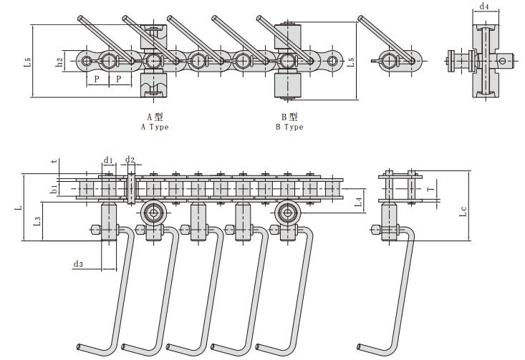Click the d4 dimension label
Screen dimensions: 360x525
[x=485, y=7]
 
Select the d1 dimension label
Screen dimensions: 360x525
[x=108, y=159]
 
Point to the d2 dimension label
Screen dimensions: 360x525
[x=130, y=159]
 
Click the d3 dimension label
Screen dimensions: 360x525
[x=79, y=265]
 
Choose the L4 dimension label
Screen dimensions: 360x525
[x=359, y=203]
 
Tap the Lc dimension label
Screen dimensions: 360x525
[x=463, y=210]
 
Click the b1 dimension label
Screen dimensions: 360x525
[x=53, y=189]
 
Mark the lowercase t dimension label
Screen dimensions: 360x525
[x=54, y=162]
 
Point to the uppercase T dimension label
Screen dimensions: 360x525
[x=429, y=189]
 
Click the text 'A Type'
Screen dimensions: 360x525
[x=155, y=127]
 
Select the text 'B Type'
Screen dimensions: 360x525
[x=289, y=127]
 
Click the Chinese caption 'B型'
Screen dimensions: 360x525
[x=289, y=117]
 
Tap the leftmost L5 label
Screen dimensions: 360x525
[x=27, y=62]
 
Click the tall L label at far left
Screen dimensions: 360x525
[x=19, y=208]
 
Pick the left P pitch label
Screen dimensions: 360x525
[x=97, y=79]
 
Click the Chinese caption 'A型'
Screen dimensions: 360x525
[x=155, y=117]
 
